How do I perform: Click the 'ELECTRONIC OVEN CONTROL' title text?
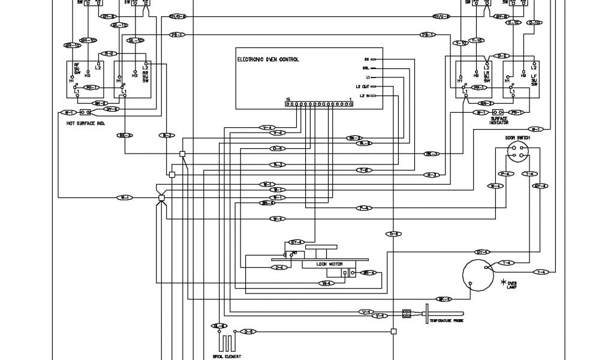click(268, 59)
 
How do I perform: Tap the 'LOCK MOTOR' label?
click(328, 263)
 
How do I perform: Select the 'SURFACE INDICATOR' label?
click(499, 121)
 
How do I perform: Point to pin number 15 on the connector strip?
click(288, 98)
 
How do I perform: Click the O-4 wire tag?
click(278, 148)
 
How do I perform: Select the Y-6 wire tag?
click(364, 169)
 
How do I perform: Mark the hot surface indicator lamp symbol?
click(85, 112)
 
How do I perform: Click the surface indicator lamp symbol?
click(498, 112)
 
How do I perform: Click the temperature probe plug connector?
click(407, 313)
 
